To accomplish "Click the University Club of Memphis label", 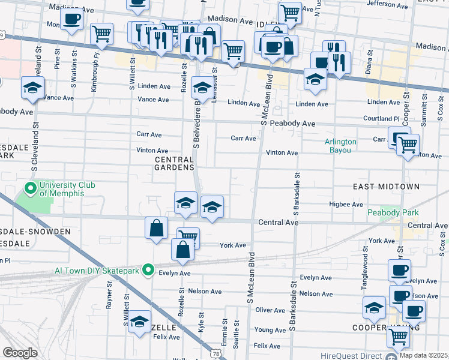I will (x=67, y=189).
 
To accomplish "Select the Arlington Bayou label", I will (x=341, y=146).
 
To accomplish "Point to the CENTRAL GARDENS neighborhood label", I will (x=175, y=163).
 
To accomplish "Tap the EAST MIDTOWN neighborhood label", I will (x=385, y=187).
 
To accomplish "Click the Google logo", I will (x=20, y=353).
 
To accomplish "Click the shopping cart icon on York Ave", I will (x=188, y=236).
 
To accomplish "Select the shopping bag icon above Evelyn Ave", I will (x=182, y=249).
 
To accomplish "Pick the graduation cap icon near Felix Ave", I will (x=140, y=321).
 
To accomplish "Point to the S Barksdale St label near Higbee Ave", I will (x=296, y=193).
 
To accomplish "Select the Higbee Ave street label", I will (x=346, y=204).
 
